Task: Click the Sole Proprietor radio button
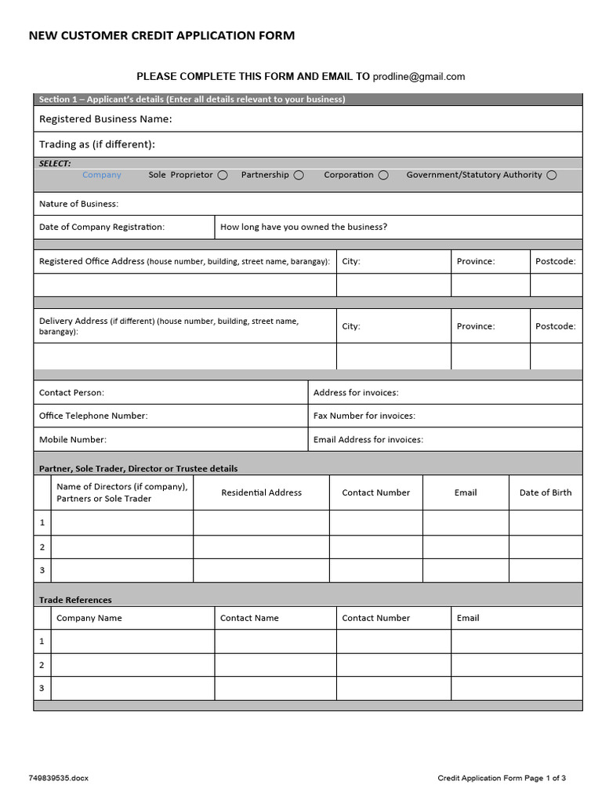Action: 223,175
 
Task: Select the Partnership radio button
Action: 299,175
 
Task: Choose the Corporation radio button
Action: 383,175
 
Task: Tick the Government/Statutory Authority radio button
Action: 552,175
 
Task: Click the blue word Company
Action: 102,175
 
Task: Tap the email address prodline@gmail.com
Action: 419,76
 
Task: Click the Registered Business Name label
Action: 105,119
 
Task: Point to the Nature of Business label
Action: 78,204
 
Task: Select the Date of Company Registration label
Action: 102,227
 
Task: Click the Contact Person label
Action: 71,392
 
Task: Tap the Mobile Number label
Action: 73,439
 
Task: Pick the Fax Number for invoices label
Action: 364,416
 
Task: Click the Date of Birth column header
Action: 546,492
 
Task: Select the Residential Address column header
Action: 261,492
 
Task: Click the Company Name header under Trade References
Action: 89,618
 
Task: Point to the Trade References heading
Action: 75,600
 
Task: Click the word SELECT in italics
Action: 55,163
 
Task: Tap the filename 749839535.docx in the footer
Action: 58,778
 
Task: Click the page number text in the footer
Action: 502,778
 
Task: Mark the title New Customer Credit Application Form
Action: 161,35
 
